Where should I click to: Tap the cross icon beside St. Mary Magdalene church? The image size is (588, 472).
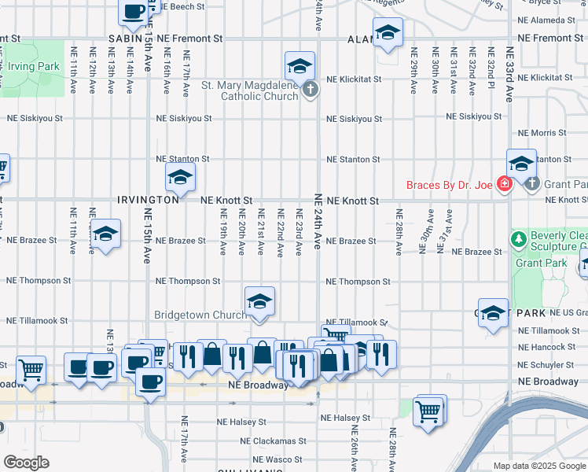pyautogui.click(x=311, y=90)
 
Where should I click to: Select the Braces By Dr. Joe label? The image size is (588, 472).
pyautogui.click(x=450, y=186)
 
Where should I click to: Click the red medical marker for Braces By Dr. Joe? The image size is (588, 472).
pyautogui.click(x=504, y=186)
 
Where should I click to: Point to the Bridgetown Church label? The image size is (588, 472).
pyautogui.click(x=200, y=315)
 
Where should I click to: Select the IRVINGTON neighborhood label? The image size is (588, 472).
pyautogui.click(x=148, y=201)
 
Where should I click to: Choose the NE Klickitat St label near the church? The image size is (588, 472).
pyautogui.click(x=355, y=79)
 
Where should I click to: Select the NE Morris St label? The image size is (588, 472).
pyautogui.click(x=543, y=133)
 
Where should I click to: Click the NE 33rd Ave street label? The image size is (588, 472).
pyautogui.click(x=509, y=74)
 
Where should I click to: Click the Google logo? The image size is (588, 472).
pyautogui.click(x=26, y=463)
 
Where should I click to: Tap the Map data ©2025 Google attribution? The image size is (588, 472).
pyautogui.click(x=539, y=466)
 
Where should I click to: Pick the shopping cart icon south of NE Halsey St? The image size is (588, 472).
pyautogui.click(x=429, y=410)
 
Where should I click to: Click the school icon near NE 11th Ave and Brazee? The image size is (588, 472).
pyautogui.click(x=105, y=234)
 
